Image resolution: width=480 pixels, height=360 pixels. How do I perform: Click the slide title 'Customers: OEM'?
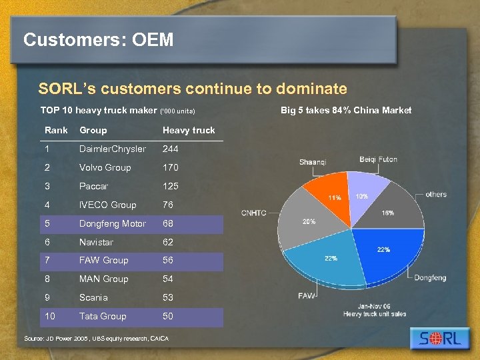98,40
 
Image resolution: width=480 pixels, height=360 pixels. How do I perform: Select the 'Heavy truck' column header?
189,130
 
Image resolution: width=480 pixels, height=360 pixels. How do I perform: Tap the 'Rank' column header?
56,130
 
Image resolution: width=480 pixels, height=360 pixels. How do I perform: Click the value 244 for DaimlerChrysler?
171,149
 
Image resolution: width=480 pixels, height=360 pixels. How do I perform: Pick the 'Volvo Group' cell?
105,167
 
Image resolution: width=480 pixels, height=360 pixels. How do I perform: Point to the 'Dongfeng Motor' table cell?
112,223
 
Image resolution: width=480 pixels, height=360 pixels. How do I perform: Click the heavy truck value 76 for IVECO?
168,205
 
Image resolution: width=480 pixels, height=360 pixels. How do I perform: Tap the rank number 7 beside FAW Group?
47,260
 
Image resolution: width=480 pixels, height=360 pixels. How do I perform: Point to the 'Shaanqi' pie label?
313,162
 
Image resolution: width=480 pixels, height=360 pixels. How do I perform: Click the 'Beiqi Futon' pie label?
378,159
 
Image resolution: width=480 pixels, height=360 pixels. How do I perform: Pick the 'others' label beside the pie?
436,195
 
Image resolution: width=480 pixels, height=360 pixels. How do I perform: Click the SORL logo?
441,338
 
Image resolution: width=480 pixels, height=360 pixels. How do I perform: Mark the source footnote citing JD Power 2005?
97,339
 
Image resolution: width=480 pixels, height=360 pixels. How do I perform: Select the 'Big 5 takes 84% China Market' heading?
347,110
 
